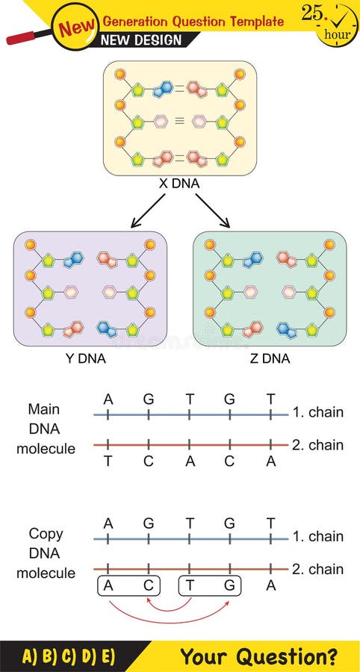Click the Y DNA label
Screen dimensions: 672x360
[x=85, y=359]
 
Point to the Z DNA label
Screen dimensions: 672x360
[x=270, y=359]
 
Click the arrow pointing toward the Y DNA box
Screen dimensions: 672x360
[x=147, y=211]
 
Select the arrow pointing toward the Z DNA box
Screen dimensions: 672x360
[x=214, y=211]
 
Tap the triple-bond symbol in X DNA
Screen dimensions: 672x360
[x=179, y=119]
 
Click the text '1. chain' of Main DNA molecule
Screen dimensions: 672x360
[x=318, y=412]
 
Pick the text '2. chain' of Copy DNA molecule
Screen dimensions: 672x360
[x=318, y=569]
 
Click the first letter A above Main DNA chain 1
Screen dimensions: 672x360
[x=108, y=399]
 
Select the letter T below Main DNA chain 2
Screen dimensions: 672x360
[x=108, y=461]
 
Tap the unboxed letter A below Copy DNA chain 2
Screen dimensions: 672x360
[x=270, y=586]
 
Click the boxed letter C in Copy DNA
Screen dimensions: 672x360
[x=149, y=586]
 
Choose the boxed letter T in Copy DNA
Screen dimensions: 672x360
[x=190, y=586]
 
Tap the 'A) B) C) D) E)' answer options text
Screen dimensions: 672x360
[x=68, y=657]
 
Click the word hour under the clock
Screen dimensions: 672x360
[x=337, y=34]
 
